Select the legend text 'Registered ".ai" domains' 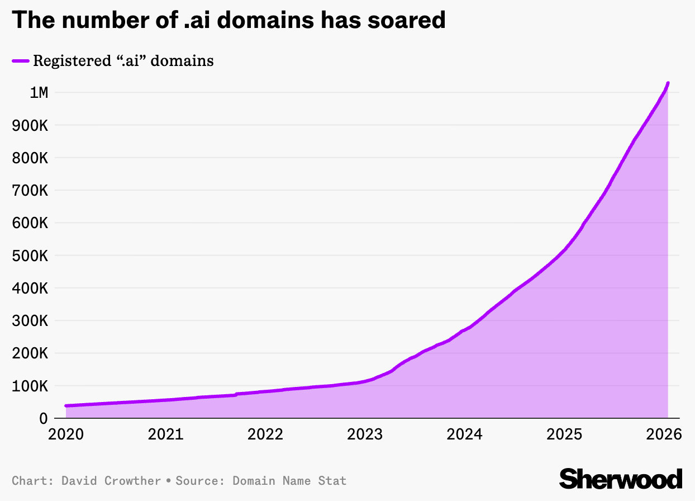(x=123, y=60)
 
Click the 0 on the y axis (x=43, y=419)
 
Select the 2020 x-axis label (x=65, y=434)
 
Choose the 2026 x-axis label (x=664, y=434)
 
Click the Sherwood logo (x=621, y=479)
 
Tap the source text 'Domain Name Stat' (x=289, y=481)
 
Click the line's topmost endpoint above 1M (x=668, y=83)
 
